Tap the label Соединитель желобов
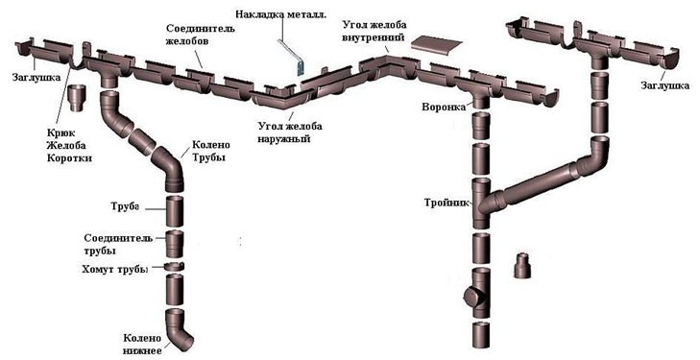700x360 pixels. coord(201,35)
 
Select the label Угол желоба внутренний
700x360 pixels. coord(374,31)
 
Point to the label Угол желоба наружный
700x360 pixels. coord(290,132)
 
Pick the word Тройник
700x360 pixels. coord(447,203)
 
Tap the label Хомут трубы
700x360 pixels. coord(114,269)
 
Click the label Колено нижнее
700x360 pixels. coord(142,344)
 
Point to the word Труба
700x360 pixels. coord(125,206)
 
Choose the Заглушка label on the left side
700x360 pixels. coord(36,77)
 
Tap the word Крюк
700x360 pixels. coord(60,132)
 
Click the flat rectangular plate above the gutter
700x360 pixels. coord(435,44)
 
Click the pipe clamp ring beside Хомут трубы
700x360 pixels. coord(174,267)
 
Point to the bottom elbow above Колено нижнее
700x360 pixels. coord(178,328)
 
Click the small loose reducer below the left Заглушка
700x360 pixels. coord(78,99)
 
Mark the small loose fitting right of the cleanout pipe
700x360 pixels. coord(521,265)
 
